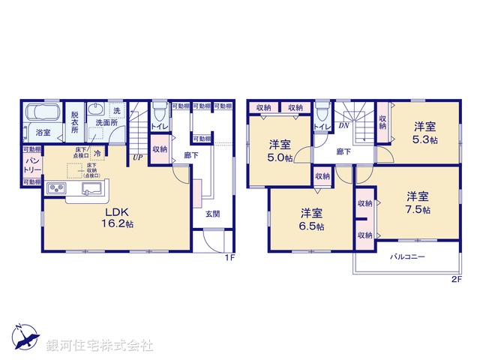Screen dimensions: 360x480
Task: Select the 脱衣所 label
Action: click(x=75, y=122)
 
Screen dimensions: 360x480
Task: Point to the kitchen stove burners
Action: click(x=57, y=187)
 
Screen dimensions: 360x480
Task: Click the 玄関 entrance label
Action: click(x=213, y=214)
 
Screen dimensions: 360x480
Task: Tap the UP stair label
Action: click(x=138, y=157)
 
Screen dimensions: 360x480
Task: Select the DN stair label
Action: click(x=343, y=126)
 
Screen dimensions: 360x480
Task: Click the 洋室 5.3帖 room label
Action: click(x=424, y=133)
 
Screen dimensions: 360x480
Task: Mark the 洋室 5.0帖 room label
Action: click(x=281, y=151)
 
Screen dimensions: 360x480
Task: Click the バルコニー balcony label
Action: click(x=407, y=257)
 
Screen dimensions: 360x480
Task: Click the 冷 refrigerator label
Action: click(x=97, y=153)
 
